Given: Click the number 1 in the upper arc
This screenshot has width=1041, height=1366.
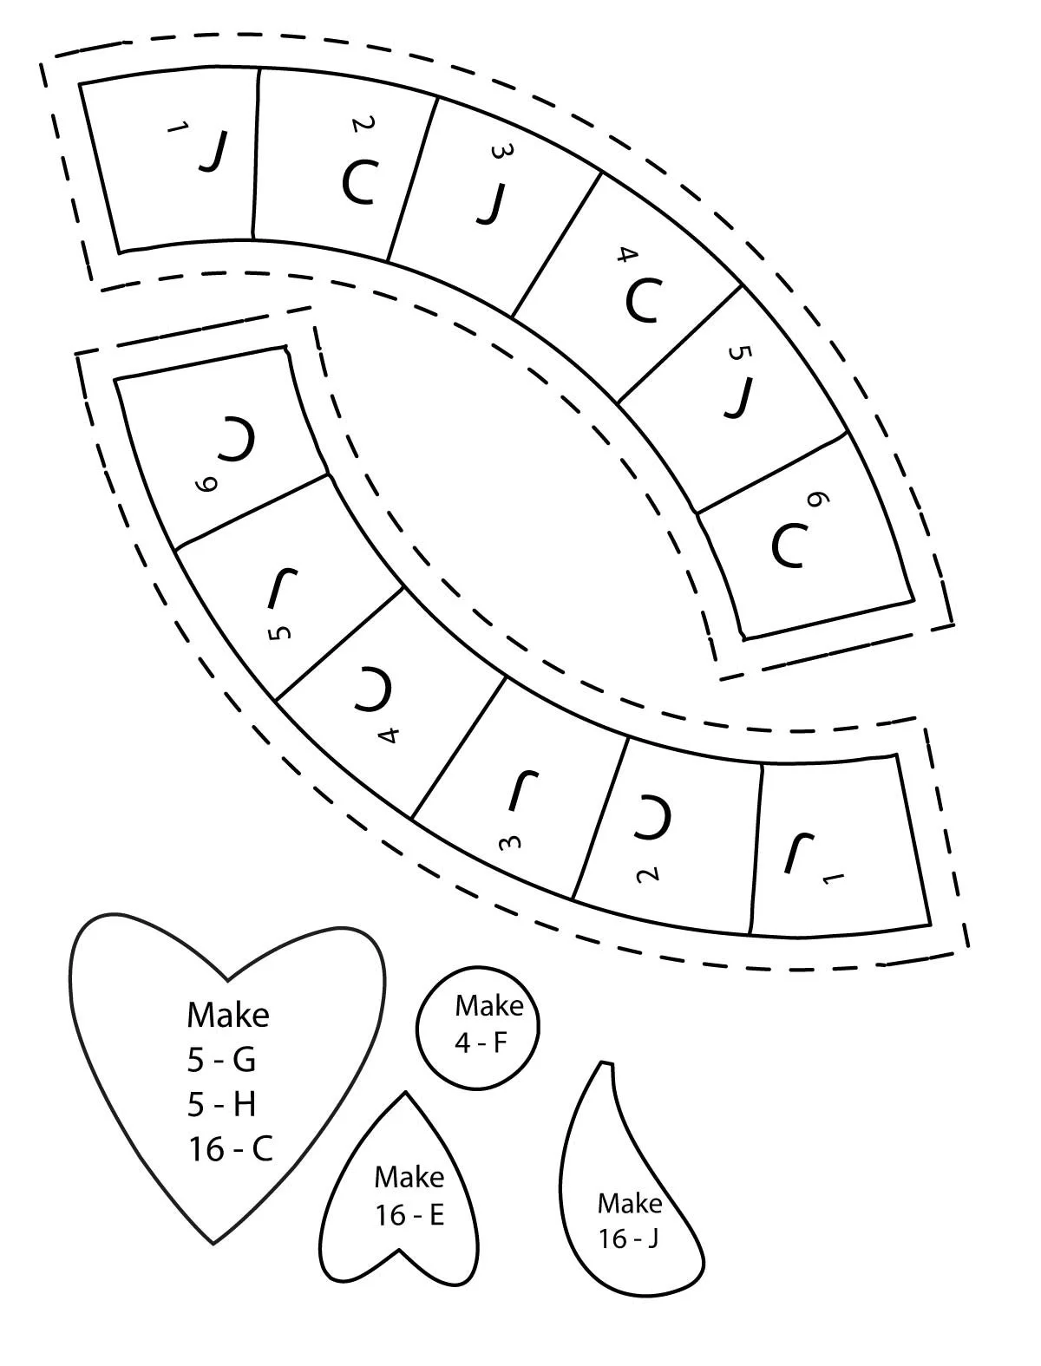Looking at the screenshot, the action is click(179, 130).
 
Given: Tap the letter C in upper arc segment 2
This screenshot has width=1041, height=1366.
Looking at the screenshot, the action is click(357, 182).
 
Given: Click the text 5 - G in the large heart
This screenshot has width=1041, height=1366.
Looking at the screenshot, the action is click(222, 1059).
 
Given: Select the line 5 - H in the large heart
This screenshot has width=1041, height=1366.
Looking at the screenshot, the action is click(222, 1104).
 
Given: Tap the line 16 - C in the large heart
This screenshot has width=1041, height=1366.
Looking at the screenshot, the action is click(230, 1149).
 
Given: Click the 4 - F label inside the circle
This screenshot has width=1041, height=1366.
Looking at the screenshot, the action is click(481, 1042).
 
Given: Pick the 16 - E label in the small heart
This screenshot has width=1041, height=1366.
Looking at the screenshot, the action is click(409, 1215).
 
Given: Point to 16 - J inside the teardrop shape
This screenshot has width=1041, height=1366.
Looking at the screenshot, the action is click(629, 1239).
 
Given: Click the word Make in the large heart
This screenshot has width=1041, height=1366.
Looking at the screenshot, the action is click(228, 1014).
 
